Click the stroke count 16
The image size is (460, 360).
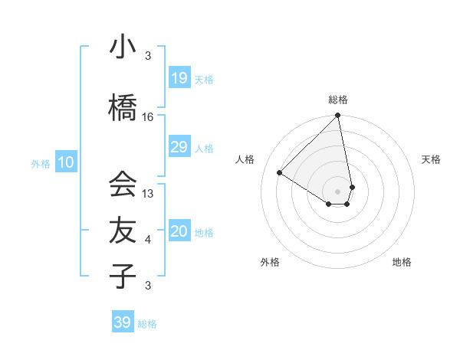coord(148,117)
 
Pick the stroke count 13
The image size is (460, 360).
coord(148,194)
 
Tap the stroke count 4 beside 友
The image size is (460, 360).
coord(148,240)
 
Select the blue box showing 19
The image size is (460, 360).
coord(179,77)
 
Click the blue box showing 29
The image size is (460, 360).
coord(179,147)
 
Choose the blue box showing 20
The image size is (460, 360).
coord(179,231)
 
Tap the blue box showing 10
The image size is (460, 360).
coord(66,162)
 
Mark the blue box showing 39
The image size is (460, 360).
coord(123,322)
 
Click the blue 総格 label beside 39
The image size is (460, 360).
coord(147,324)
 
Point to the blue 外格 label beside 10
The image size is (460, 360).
coord(41,163)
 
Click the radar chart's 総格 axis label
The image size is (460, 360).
coord(338,100)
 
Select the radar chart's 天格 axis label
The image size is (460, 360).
coord(431,159)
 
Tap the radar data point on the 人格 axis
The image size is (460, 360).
coord(280,173)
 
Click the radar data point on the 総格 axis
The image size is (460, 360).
coord(338,116)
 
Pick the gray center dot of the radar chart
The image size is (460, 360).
coord(338,190)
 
